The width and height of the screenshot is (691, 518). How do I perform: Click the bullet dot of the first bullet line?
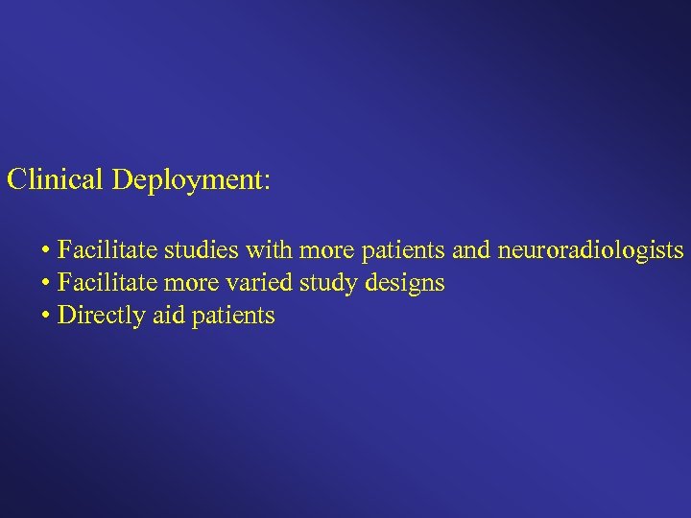(46, 252)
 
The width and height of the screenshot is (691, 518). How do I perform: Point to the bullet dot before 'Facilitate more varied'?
(46, 284)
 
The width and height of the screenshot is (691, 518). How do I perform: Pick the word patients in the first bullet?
(403, 252)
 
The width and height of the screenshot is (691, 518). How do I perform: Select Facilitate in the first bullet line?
(107, 251)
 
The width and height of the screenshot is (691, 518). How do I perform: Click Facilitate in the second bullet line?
(107, 284)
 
